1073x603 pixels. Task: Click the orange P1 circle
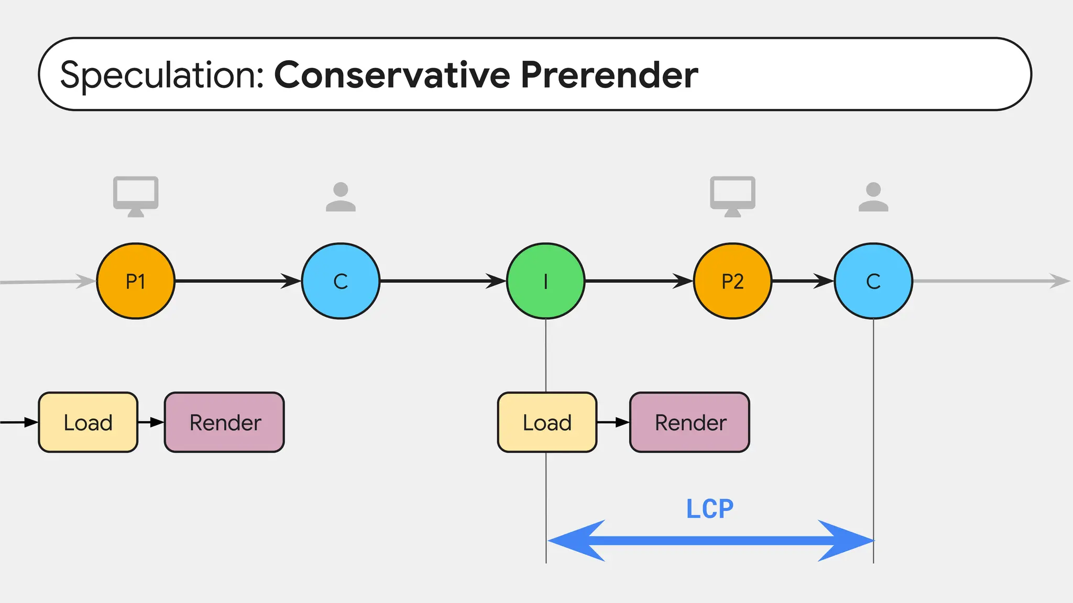tap(136, 281)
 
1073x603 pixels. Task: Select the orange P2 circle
tap(732, 281)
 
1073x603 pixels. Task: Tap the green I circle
tap(545, 281)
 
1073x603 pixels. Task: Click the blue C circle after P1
tap(341, 281)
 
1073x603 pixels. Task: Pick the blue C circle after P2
tap(873, 281)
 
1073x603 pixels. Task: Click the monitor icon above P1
tap(136, 195)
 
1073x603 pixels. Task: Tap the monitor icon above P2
tap(732, 195)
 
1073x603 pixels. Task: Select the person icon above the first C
tap(341, 197)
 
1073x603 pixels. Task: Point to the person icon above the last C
tap(873, 197)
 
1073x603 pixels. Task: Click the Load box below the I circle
tap(547, 422)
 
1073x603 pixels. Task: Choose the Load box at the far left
tap(88, 422)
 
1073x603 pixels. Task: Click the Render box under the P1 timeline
tap(224, 422)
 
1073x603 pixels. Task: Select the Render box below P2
tap(689, 422)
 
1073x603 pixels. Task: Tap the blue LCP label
tap(709, 509)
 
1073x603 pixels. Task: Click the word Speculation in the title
tap(162, 75)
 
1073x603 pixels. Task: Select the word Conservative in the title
tap(392, 75)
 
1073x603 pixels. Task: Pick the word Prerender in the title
tap(609, 75)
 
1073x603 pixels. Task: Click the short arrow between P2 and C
tap(803, 281)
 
